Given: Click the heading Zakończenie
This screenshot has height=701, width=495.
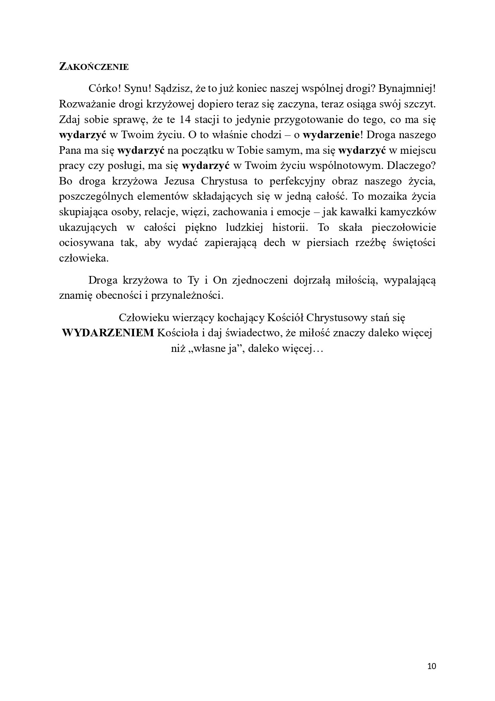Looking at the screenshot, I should (x=94, y=67).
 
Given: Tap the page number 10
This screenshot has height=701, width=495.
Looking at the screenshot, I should (x=432, y=666).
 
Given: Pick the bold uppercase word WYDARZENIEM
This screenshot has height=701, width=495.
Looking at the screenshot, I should (x=108, y=333).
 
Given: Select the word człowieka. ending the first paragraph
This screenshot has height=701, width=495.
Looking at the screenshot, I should (x=83, y=258).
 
